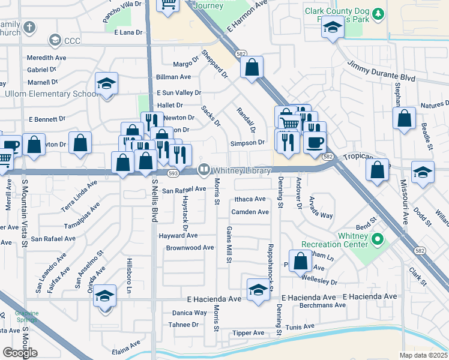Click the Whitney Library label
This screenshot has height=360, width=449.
241,171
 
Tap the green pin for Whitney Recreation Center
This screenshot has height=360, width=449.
377,241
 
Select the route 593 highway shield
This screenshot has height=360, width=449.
173,173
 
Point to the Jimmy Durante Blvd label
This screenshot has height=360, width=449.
382,70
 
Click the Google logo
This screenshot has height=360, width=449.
20,353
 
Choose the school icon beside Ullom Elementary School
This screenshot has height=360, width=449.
106,84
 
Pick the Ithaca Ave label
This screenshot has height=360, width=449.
250,199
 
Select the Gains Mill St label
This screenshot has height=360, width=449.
229,245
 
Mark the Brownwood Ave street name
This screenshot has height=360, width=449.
190,248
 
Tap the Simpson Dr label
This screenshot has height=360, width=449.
247,143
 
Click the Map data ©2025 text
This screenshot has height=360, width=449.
423,355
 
